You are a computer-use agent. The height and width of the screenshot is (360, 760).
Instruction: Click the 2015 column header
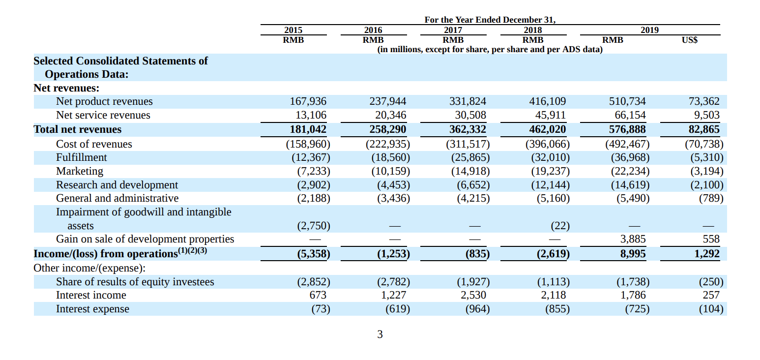[x=293, y=30]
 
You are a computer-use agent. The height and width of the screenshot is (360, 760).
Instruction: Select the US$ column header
[x=689, y=40]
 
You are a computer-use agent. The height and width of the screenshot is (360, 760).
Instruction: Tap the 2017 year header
[x=453, y=30]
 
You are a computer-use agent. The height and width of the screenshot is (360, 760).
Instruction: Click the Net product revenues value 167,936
[x=308, y=101]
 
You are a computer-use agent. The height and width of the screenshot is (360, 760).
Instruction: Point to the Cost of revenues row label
[x=94, y=144]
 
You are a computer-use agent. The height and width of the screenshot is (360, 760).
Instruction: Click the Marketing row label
[x=80, y=171]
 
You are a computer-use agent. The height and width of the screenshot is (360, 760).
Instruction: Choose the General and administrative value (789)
[x=711, y=198]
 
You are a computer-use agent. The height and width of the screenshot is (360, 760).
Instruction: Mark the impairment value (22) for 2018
[x=560, y=226]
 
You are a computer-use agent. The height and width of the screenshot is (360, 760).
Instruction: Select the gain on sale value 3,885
[x=633, y=239]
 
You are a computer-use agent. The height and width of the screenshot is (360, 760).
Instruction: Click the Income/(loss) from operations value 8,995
[x=633, y=254]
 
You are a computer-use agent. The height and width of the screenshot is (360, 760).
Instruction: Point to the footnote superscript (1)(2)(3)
[x=192, y=250]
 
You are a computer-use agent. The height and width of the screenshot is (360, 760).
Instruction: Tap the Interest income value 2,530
[x=473, y=295]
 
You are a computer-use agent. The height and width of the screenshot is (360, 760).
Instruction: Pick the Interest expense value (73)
[x=321, y=309]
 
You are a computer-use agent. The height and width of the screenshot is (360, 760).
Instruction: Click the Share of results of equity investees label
[x=135, y=282]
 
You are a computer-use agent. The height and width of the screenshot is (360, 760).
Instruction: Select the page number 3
[x=380, y=334]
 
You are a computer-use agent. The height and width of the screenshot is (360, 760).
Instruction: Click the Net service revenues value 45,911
[x=550, y=115]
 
